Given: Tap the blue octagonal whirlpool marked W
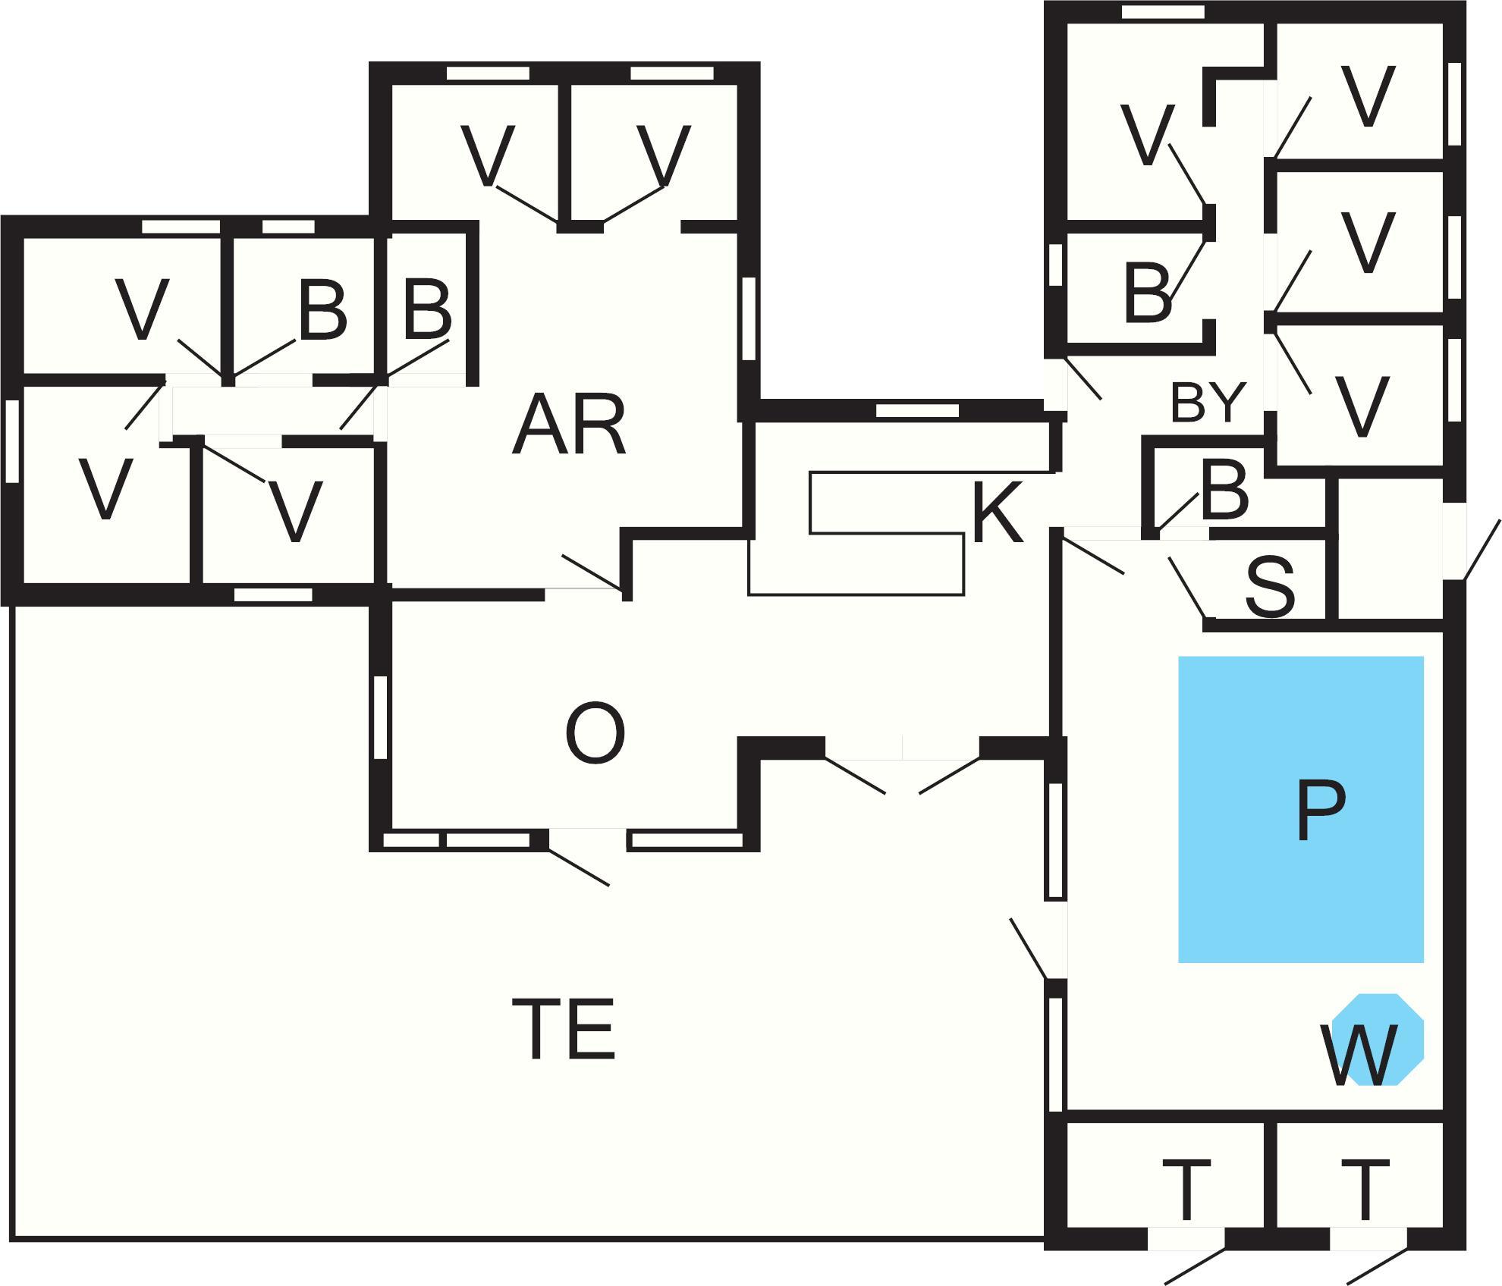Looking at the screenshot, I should [1377, 1039].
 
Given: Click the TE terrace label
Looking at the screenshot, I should [563, 1030].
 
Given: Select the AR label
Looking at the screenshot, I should [569, 427].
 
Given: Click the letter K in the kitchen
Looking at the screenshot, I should [997, 513].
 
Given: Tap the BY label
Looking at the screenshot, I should [1208, 403].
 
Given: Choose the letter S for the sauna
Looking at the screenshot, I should [1270, 586].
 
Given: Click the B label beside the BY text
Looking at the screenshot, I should [1224, 491].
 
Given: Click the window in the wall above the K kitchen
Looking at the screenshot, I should [917, 410].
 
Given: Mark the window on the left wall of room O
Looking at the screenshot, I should [381, 717].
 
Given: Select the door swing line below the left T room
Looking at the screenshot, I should [1194, 1266].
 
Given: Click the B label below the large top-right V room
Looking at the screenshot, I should [1148, 293].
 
